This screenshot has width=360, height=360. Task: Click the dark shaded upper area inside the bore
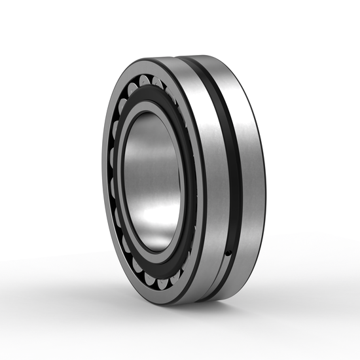154,131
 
